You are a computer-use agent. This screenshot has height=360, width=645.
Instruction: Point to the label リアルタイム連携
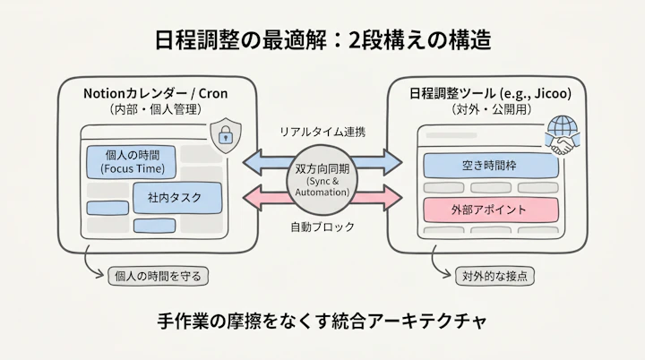(x=322, y=132)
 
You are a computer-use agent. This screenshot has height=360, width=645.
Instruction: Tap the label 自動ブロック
(x=322, y=227)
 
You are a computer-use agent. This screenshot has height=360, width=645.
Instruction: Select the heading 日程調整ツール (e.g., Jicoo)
(x=485, y=92)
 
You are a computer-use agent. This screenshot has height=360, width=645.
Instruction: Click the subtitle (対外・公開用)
(x=485, y=109)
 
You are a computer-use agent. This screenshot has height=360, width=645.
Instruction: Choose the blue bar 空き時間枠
(x=489, y=166)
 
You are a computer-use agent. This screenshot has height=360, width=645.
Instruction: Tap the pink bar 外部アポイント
(x=489, y=210)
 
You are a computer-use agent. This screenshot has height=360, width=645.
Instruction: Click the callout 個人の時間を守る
(x=158, y=276)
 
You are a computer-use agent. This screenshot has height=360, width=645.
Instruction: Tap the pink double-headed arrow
(x=265, y=196)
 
